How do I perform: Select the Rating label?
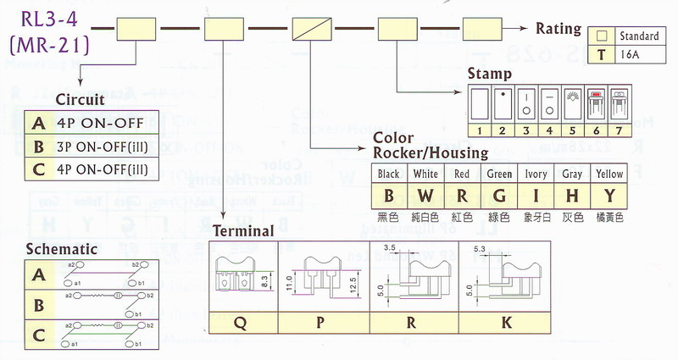[x=559, y=29]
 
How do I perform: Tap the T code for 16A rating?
[x=602, y=53]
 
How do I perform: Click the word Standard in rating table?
[x=639, y=36]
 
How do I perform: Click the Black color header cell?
[x=389, y=174]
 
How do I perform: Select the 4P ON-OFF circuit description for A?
[x=87, y=122]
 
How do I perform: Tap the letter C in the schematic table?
[x=39, y=333]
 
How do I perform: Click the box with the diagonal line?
[x=311, y=30]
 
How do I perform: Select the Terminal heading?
[x=243, y=230]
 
